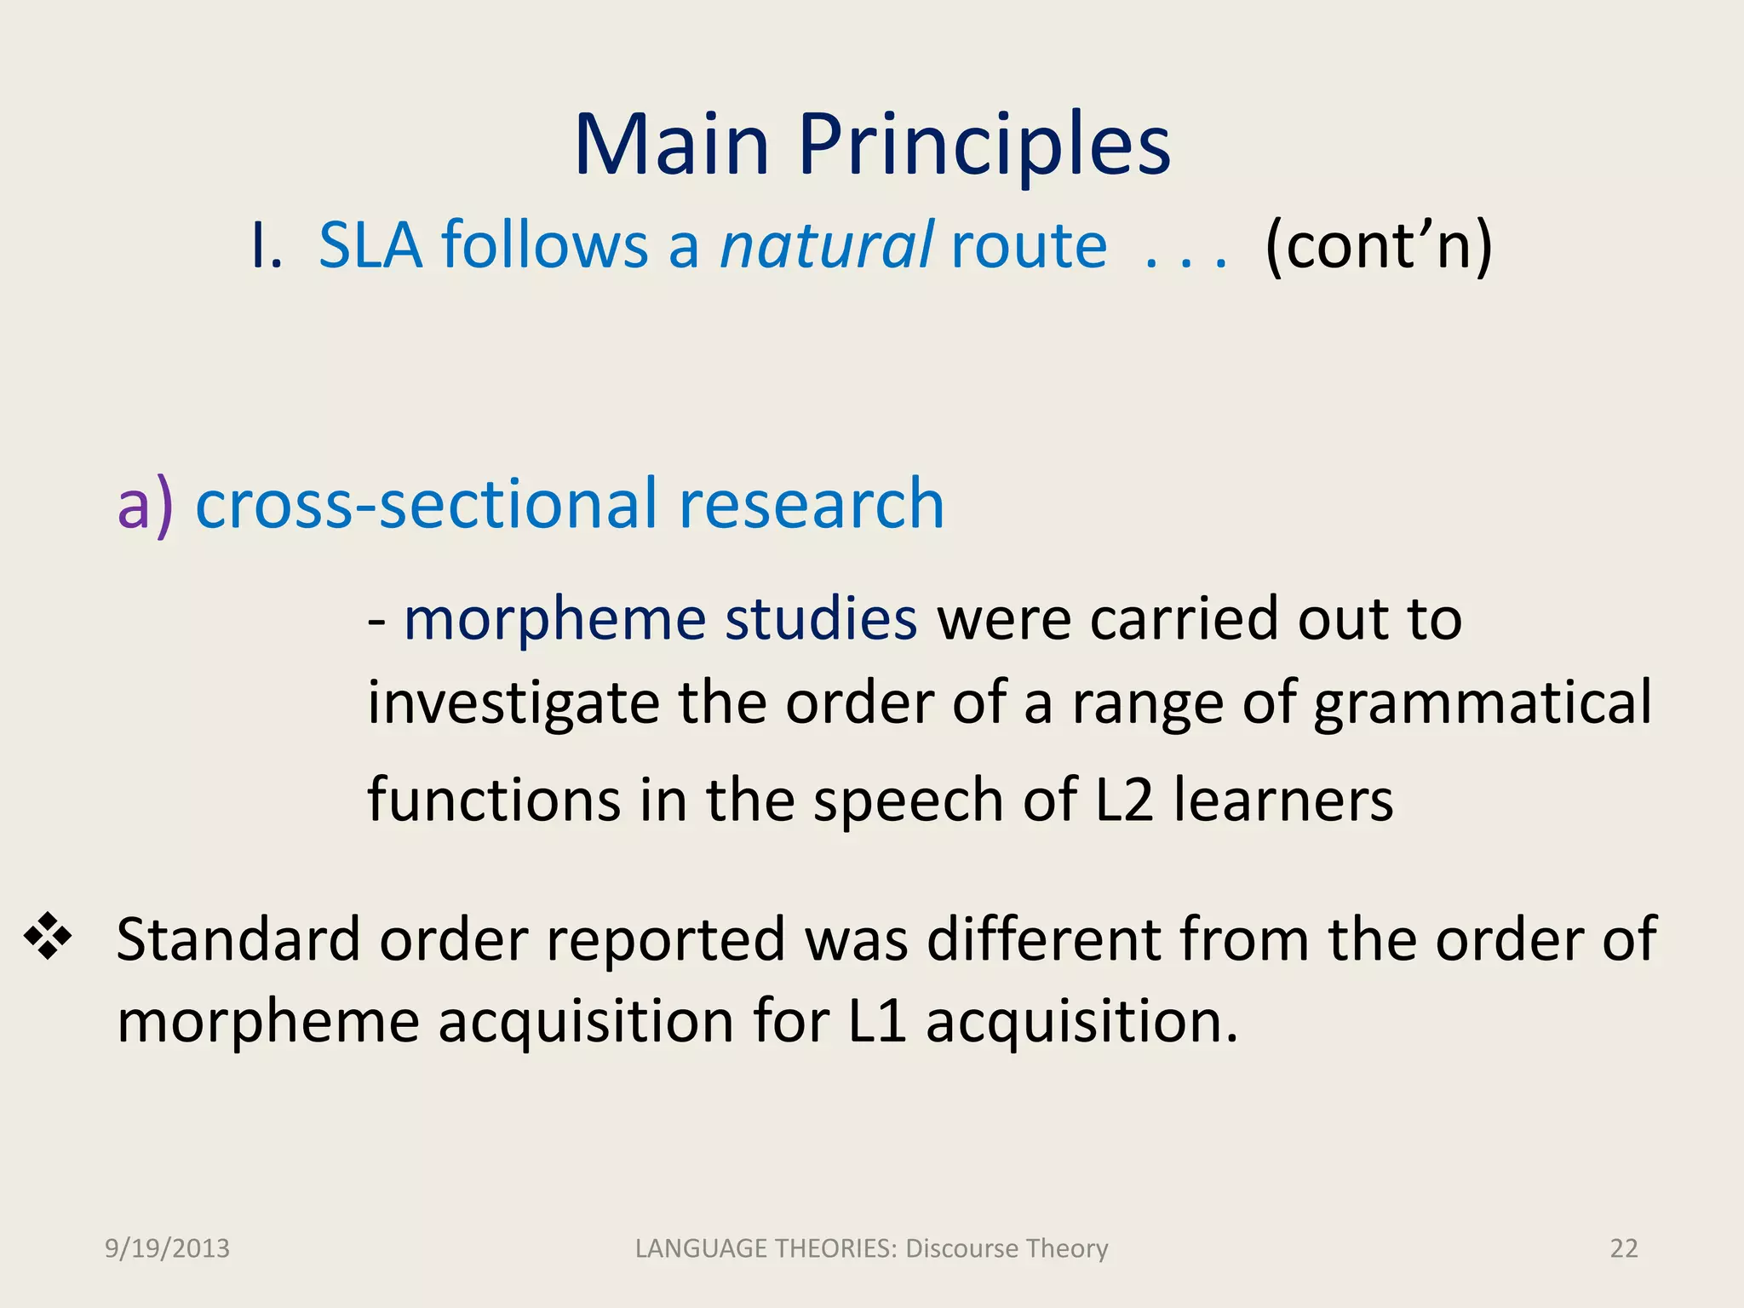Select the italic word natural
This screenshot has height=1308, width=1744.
click(827, 245)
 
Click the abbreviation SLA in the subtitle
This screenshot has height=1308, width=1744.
click(370, 245)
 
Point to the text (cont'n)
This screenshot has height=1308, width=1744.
click(1379, 245)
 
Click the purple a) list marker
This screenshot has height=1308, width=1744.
click(145, 504)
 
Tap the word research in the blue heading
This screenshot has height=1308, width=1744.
click(811, 504)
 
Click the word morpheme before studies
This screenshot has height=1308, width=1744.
click(554, 619)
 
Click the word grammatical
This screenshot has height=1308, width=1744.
click(1482, 703)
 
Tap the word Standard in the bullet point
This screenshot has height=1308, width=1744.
click(238, 939)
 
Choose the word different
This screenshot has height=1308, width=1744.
click(1043, 939)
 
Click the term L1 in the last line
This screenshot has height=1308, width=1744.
click(877, 1020)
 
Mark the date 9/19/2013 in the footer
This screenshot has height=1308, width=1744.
click(167, 1248)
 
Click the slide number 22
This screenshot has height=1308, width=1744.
click(1624, 1248)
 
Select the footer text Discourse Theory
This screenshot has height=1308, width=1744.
click(1007, 1248)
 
